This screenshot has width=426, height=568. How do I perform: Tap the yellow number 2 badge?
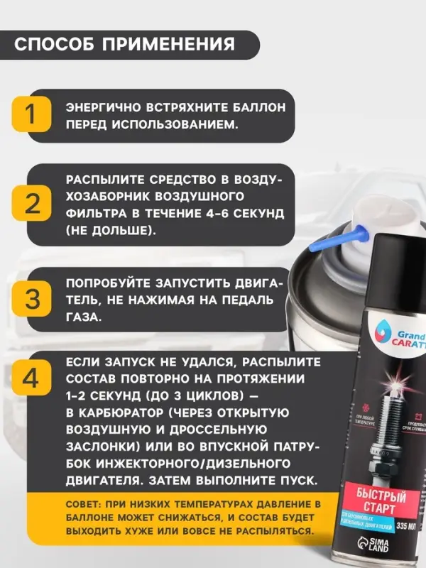coord(32,204)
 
